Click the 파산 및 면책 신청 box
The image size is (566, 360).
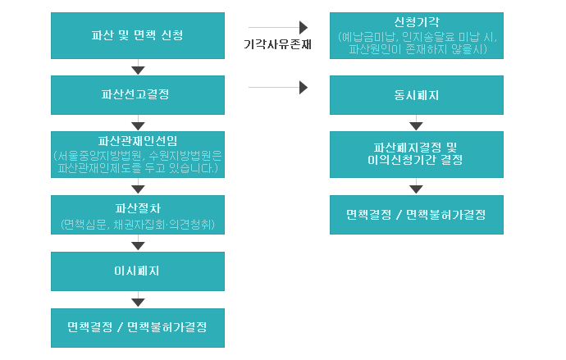[137, 35]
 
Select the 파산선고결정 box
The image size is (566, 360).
[137, 94]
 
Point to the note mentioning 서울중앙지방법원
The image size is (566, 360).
[137, 162]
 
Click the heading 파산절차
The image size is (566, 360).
[137, 207]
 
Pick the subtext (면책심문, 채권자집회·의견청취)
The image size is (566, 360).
[137, 224]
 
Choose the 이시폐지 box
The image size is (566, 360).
[137, 271]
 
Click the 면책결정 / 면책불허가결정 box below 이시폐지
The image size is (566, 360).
[137, 327]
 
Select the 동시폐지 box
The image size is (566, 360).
[417, 94]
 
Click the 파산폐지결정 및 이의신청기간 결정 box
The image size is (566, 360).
[417, 153]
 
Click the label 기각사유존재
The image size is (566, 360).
[278, 44]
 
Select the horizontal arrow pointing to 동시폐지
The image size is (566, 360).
[278, 86]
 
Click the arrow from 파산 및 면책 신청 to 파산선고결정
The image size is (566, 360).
[138, 68]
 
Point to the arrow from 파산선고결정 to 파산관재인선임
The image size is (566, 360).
[138, 124]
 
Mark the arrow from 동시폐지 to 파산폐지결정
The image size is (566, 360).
[417, 124]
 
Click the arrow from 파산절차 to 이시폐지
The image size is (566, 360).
[138, 244]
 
